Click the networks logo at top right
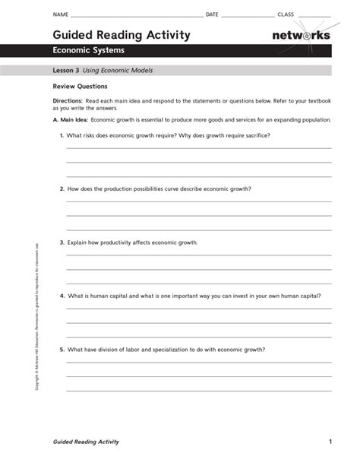click(x=301, y=36)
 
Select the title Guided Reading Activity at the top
click(x=121, y=35)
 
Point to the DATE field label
click(x=212, y=15)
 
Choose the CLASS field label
click(x=286, y=15)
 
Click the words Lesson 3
click(x=66, y=70)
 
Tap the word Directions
click(x=67, y=100)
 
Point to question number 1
click(x=62, y=135)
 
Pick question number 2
click(x=62, y=189)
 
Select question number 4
click(x=62, y=296)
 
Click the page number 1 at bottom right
click(x=330, y=442)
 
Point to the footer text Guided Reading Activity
click(x=86, y=442)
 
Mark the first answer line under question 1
click(x=199, y=148)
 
